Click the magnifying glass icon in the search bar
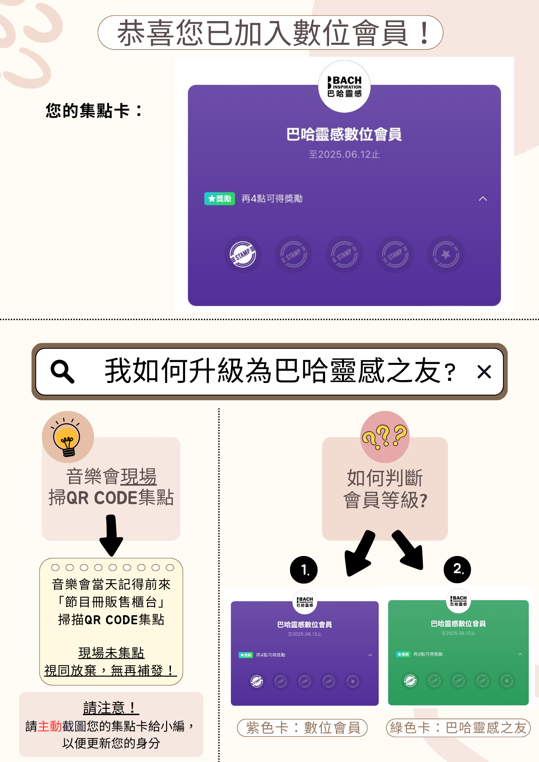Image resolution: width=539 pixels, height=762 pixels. (62, 371)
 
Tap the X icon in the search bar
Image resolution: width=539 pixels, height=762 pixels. (484, 372)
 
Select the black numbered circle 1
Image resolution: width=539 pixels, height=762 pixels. (304, 570)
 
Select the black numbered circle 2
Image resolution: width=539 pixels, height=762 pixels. (457, 569)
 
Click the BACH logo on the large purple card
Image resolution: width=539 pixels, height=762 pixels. (344, 87)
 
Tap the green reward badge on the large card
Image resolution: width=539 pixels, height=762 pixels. (219, 199)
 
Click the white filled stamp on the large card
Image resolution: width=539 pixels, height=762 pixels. (242, 254)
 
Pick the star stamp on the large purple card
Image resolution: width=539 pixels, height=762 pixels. (446, 254)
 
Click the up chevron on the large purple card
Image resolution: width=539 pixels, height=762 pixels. (483, 199)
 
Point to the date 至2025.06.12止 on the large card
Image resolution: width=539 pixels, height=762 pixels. (344, 154)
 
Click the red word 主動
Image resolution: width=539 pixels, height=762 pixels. (50, 726)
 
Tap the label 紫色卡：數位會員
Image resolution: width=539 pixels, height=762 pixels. (302, 728)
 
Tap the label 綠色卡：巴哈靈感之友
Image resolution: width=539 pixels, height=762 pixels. (458, 728)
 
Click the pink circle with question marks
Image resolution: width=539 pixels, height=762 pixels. (385, 437)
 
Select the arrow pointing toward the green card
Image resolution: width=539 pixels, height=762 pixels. (409, 550)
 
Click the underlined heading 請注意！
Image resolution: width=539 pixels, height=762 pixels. (111, 708)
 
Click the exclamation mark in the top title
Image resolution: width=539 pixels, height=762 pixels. (424, 33)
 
